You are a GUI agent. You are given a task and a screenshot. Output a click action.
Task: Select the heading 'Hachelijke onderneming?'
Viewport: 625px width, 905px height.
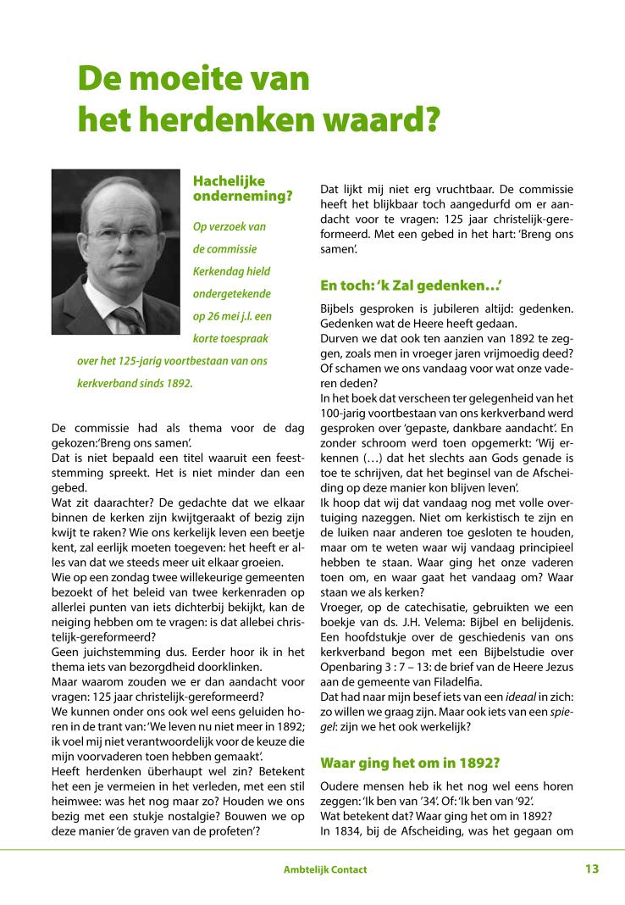[242, 188]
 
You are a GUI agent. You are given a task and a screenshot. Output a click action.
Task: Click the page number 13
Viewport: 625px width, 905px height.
[591, 869]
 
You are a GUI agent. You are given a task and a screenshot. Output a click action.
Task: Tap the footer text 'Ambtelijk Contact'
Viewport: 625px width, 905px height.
[326, 869]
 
